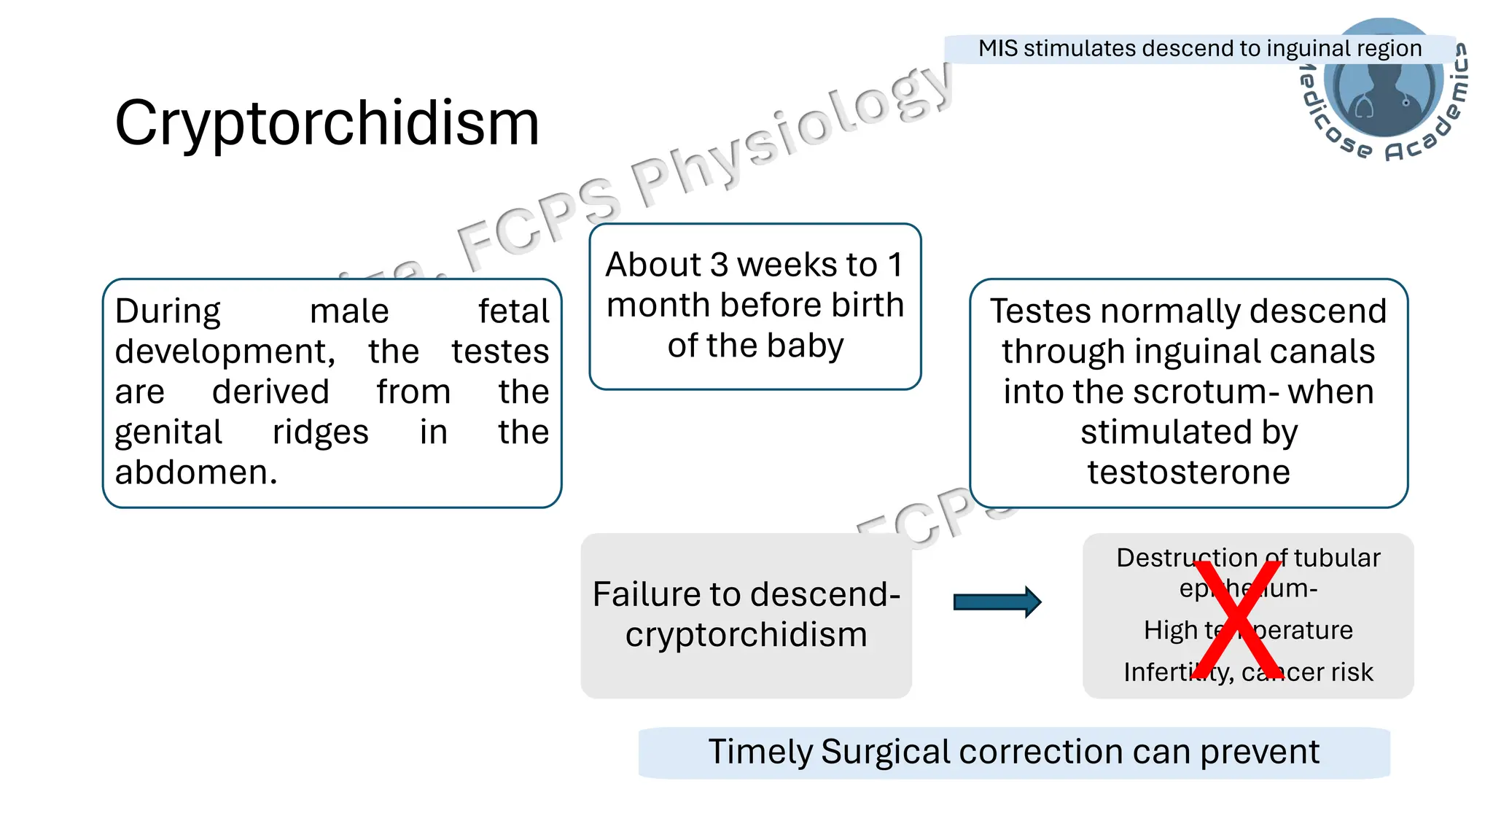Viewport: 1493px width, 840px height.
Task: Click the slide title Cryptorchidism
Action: click(x=327, y=122)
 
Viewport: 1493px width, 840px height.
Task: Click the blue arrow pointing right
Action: click(x=997, y=602)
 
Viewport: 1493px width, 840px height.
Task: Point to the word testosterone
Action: click(x=1188, y=472)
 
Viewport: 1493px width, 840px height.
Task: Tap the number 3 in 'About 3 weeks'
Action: click(x=719, y=265)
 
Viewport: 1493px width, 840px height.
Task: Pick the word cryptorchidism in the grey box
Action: click(x=746, y=634)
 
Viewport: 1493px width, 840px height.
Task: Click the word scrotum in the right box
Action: click(x=1195, y=392)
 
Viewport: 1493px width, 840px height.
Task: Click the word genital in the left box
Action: click(x=168, y=432)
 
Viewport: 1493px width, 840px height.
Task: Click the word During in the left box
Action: click(x=168, y=311)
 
